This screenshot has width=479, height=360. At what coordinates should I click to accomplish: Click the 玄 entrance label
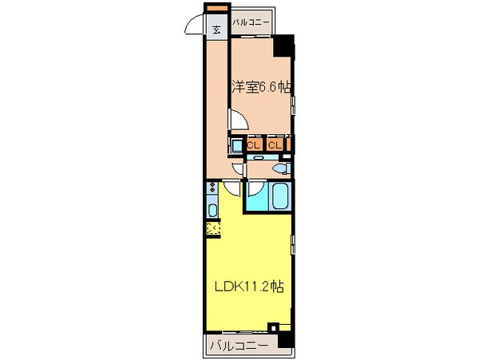tap(216, 30)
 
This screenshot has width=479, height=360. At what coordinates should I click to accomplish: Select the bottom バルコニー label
tap(239, 346)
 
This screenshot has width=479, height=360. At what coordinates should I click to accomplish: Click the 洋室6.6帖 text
tap(260, 88)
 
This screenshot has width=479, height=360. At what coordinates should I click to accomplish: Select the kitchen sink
tap(212, 211)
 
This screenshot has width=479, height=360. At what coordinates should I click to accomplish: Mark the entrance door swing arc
tap(194, 27)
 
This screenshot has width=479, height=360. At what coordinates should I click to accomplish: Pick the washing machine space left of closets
tap(238, 145)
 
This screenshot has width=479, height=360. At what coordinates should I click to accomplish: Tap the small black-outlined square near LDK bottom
tap(273, 326)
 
